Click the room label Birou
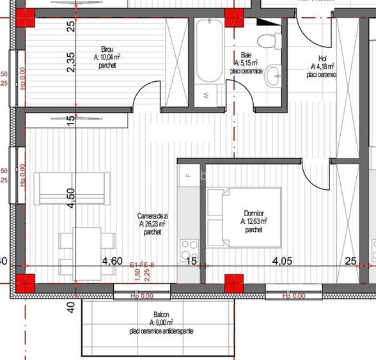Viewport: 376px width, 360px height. click(x=107, y=49)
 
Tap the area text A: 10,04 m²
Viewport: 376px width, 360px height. click(x=107, y=58)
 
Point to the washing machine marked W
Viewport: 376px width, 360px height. click(x=207, y=95)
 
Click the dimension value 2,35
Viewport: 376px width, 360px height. click(x=71, y=63)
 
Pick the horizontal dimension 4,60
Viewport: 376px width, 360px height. click(x=113, y=260)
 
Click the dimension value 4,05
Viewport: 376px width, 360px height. click(x=282, y=260)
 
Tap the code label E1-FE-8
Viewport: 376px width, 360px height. click(x=142, y=265)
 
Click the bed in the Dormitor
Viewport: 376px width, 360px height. click(x=244, y=217)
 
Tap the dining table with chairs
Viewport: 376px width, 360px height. click(x=87, y=253)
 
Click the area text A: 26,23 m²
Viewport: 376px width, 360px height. click(x=152, y=224)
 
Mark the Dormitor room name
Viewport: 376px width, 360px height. click(x=254, y=214)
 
